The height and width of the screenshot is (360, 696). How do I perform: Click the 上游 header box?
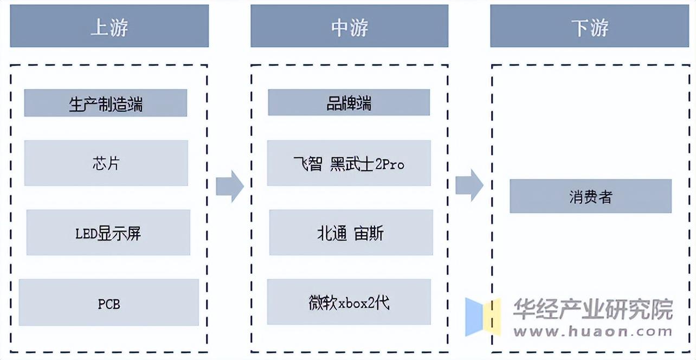(x=109, y=26)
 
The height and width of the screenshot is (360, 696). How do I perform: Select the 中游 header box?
(x=349, y=26)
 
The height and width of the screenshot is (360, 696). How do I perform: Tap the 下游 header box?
(x=590, y=26)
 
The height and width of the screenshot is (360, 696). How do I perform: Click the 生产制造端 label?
(x=106, y=103)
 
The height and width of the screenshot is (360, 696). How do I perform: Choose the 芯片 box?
(x=106, y=163)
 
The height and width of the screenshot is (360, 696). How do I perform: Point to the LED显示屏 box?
(x=108, y=233)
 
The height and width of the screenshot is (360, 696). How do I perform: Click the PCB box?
(x=108, y=303)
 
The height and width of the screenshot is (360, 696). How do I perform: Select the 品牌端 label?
(x=349, y=102)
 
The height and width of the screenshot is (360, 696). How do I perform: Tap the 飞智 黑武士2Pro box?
(x=349, y=163)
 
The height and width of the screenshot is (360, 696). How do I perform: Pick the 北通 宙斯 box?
(x=351, y=233)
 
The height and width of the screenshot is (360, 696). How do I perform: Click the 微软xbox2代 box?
(x=349, y=302)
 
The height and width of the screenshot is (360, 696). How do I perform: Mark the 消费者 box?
(x=590, y=196)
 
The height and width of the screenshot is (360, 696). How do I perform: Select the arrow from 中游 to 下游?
(x=469, y=185)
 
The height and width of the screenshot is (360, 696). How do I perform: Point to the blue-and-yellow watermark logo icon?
(x=482, y=316)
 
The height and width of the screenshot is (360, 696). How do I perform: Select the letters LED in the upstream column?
(x=86, y=234)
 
